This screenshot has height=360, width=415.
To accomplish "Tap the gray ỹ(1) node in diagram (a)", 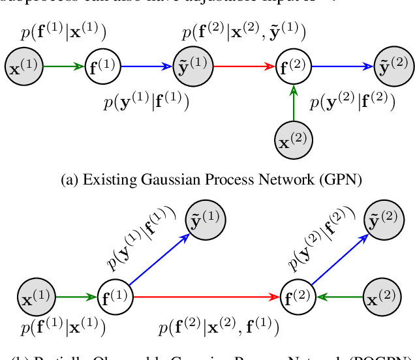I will [193, 66].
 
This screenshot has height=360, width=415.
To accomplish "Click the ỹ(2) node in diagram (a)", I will [393, 66].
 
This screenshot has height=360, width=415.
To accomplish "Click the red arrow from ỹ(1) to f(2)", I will [243, 66].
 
